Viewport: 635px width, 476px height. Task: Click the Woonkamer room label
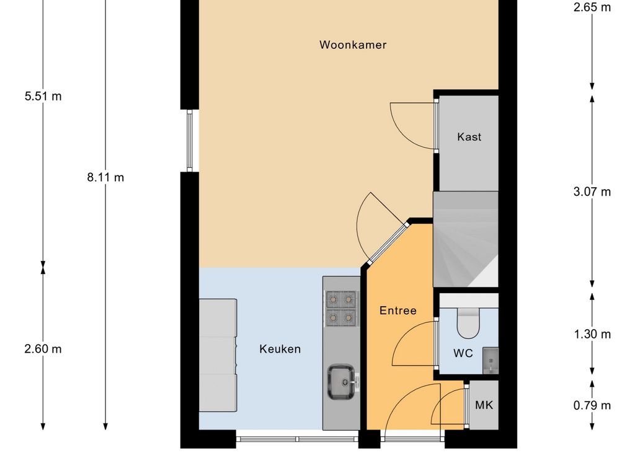[353, 45]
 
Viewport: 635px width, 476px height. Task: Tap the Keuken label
[280, 349]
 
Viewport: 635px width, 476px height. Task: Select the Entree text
[397, 311]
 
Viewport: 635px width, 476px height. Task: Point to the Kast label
[469, 137]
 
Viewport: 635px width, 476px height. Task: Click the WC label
[463, 353]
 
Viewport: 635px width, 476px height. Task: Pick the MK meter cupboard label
[484, 405]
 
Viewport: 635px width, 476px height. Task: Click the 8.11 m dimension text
[105, 177]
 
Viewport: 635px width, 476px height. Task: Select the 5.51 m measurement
[43, 96]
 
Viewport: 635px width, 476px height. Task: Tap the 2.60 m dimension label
[43, 348]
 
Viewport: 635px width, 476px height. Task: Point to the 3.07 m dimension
[592, 192]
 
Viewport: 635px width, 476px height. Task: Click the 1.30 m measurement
[592, 334]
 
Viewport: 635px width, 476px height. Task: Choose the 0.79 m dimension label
[592, 405]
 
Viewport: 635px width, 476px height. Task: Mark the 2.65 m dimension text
[592, 7]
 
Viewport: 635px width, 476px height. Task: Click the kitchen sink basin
[341, 381]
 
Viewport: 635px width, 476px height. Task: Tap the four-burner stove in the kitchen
[341, 309]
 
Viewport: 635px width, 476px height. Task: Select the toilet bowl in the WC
[468, 323]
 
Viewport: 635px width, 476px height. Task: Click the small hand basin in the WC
[491, 360]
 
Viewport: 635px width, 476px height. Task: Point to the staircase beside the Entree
[466, 239]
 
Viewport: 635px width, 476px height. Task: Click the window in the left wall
[190, 141]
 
